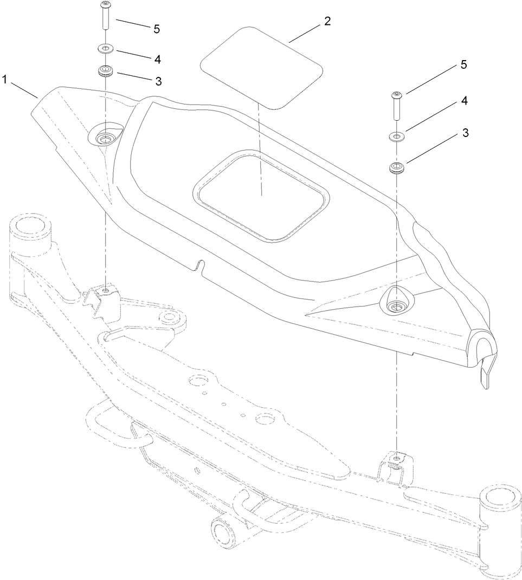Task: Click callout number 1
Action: (4, 79)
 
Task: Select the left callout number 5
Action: (157, 29)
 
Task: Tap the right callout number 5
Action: (463, 65)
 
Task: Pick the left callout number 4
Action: (157, 58)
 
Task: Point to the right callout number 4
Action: (463, 101)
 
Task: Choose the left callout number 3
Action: (158, 81)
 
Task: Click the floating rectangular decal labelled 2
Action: (262, 68)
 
